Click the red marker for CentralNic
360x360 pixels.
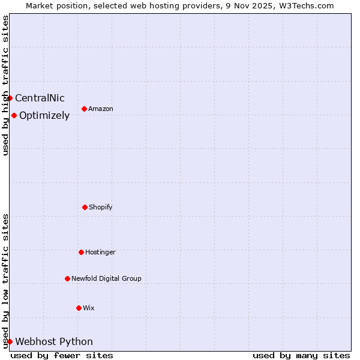click(x=10, y=98)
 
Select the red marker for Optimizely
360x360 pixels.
click(x=14, y=115)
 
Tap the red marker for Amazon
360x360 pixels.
click(x=84, y=109)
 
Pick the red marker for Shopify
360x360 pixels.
click(x=85, y=207)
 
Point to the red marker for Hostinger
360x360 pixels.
click(x=81, y=252)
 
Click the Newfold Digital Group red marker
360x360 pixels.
click(x=67, y=278)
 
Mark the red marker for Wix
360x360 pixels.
click(x=79, y=308)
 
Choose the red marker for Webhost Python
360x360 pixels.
click(x=10, y=341)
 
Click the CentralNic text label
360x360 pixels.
click(x=40, y=98)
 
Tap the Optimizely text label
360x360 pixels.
click(x=44, y=116)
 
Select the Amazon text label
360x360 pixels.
click(x=101, y=109)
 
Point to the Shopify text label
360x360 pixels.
click(x=101, y=208)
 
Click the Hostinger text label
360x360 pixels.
click(x=100, y=253)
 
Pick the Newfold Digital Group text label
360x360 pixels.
click(x=106, y=279)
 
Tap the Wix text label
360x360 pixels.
click(x=89, y=308)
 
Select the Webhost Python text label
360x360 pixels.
click(x=54, y=342)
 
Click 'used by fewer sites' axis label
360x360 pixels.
click(x=62, y=355)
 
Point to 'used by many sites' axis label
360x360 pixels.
click(x=301, y=355)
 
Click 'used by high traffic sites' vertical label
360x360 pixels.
click(x=5, y=85)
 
